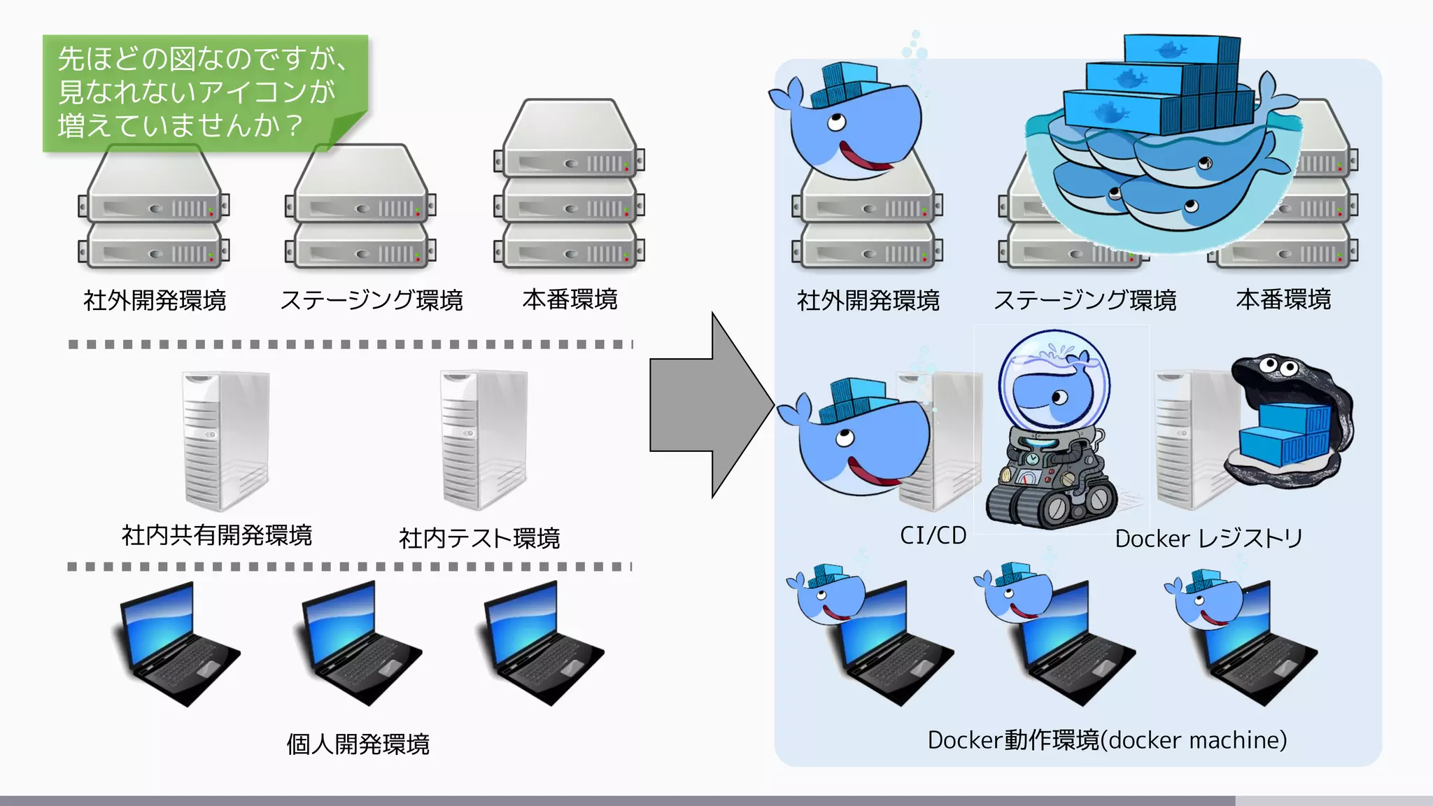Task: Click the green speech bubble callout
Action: point(203,91)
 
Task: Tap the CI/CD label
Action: point(933,536)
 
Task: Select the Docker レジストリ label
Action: point(1208,539)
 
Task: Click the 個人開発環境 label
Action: point(358,744)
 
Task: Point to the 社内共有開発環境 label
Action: point(217,536)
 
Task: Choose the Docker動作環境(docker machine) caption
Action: point(1107,740)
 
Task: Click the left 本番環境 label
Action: point(570,299)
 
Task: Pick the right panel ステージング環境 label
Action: point(1085,300)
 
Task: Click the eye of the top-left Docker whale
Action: point(835,124)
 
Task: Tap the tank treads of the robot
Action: point(1050,504)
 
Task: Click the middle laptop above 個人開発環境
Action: point(360,644)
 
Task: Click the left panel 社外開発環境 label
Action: point(155,300)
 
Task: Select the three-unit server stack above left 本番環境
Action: point(569,185)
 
